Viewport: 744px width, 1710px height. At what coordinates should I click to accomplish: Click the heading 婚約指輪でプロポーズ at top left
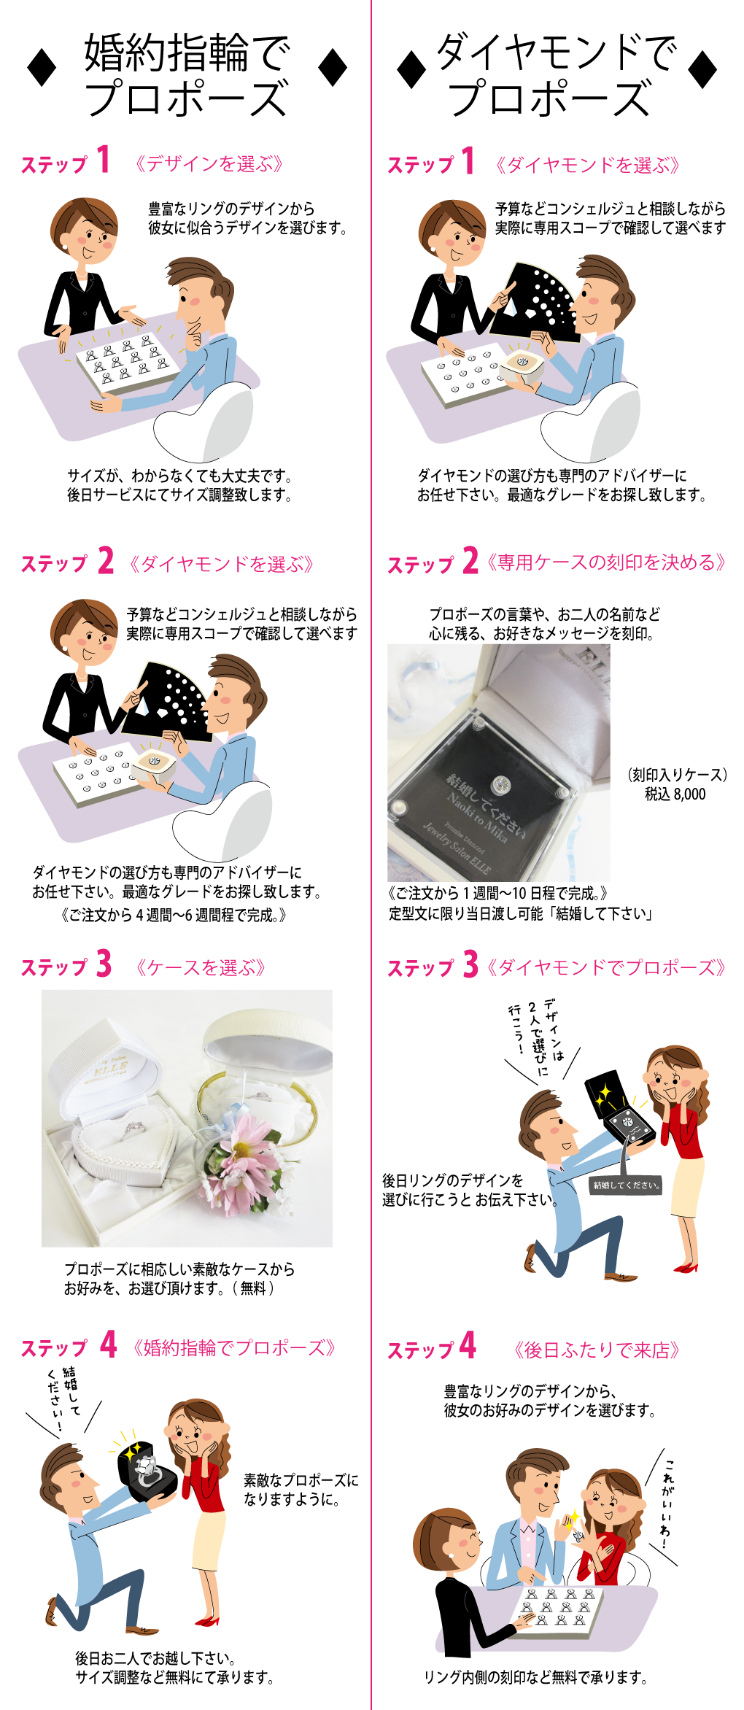tap(187, 75)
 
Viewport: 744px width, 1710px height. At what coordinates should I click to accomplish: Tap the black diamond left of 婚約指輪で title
tap(42, 67)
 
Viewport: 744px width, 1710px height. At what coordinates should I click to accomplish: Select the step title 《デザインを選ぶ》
tap(209, 163)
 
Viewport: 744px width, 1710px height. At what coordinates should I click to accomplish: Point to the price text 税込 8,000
tap(675, 794)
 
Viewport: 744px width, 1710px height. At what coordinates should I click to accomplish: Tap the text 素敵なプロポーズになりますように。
tap(301, 1490)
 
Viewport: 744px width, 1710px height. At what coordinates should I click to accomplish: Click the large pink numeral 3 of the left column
tap(104, 964)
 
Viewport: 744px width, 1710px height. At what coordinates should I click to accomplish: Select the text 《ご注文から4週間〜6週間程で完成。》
tap(174, 915)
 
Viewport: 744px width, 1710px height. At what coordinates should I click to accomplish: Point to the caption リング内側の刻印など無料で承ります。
tap(535, 1678)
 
